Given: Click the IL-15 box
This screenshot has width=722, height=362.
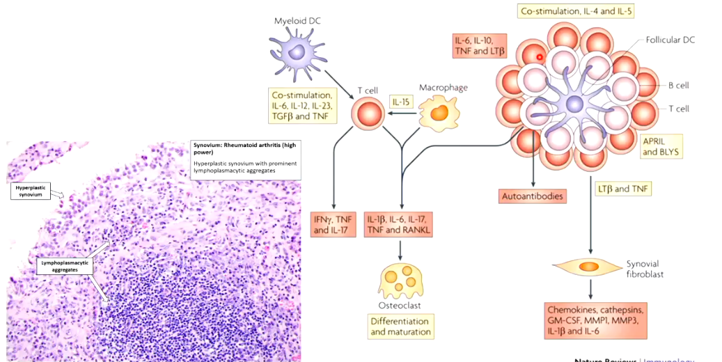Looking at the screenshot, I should tap(402, 102).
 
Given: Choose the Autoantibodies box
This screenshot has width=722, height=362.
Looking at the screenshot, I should tap(533, 196).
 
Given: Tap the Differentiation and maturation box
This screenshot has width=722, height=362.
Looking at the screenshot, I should tap(400, 326).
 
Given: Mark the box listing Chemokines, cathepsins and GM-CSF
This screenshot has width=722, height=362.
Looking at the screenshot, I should tap(597, 320).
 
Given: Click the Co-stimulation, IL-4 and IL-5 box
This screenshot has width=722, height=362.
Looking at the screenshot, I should tap(575, 11).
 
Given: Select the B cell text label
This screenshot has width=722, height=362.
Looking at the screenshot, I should tap(678, 86).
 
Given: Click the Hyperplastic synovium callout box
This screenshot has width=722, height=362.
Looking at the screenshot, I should tap(33, 191).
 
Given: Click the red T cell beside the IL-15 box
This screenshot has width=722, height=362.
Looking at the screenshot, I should tap(368, 113).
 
